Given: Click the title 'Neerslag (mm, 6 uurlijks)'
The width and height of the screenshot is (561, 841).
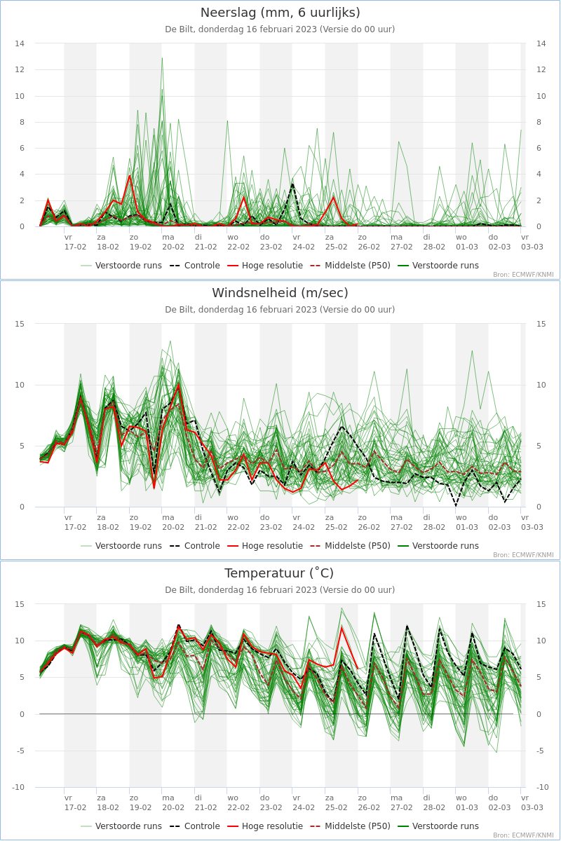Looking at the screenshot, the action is (x=280, y=13).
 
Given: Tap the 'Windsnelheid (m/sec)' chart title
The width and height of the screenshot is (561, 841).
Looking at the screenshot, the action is (x=280, y=293).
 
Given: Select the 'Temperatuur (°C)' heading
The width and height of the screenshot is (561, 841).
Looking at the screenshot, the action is (x=279, y=573).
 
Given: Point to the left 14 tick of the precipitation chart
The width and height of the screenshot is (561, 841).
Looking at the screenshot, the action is (x=20, y=43).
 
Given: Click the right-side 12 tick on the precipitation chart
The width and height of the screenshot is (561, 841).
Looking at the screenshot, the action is (x=541, y=69).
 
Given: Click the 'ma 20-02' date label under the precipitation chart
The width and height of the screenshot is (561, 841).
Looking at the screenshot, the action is (x=173, y=242).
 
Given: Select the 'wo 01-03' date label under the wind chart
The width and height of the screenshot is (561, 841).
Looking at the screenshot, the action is (x=467, y=523).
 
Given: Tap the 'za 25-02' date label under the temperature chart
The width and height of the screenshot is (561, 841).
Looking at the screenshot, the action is (x=336, y=803).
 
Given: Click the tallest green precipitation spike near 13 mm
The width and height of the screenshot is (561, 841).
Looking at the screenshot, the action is (x=162, y=58).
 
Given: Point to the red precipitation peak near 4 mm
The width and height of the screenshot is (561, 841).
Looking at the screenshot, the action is (x=130, y=176).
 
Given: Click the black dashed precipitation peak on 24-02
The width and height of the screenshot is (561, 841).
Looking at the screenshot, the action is (x=292, y=184).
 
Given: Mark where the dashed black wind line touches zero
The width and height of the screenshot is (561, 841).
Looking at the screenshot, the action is (x=457, y=506).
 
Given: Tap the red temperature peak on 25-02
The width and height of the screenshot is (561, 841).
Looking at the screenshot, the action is (x=342, y=627).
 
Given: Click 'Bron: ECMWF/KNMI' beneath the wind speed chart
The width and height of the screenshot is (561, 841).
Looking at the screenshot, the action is (x=523, y=555).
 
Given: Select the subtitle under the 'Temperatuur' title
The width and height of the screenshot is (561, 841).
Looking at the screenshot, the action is (x=280, y=590).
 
